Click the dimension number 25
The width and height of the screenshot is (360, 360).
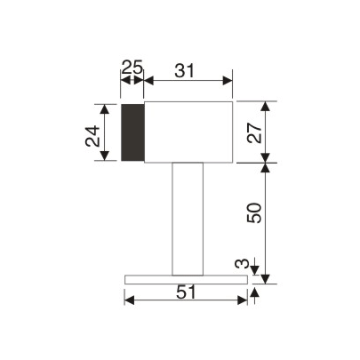(132, 67)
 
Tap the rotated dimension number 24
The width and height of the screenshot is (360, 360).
(92, 136)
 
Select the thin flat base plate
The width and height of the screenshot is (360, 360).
(186, 279)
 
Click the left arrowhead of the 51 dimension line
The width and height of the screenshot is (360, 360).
(129, 301)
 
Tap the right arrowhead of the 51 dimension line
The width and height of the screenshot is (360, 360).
(243, 301)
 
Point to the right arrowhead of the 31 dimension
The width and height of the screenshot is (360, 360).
(228, 81)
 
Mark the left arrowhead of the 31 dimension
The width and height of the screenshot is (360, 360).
(148, 81)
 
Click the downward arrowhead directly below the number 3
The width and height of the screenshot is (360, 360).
(255, 271)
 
